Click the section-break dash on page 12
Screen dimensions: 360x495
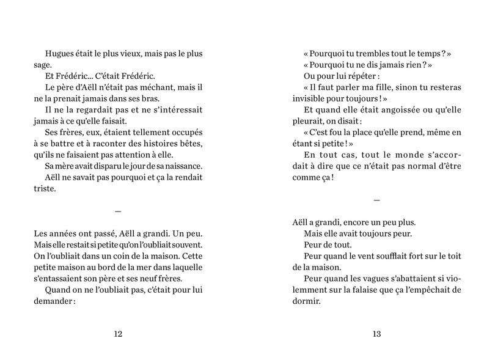pos(119,211)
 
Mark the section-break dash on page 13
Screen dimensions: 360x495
pos(376,200)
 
